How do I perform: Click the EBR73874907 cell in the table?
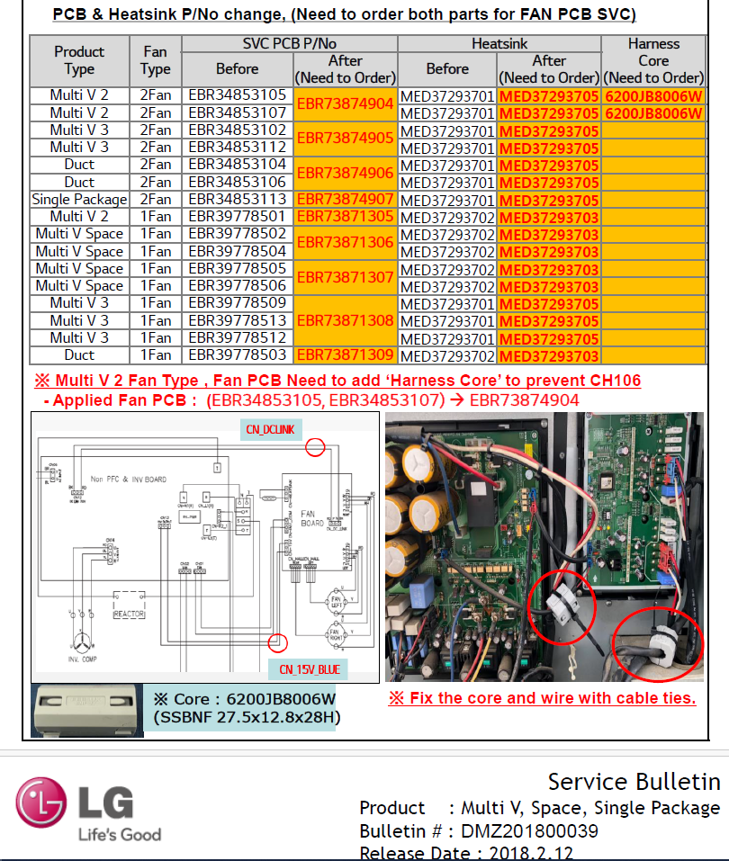coord(346,199)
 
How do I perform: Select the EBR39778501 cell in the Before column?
coord(237,216)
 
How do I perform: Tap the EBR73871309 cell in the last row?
coord(346,355)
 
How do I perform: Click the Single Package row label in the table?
coord(79,199)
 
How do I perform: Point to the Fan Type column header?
coord(155,60)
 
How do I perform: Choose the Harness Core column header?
coord(653,60)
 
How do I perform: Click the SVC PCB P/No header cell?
coord(289,44)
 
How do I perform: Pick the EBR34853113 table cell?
coord(237,199)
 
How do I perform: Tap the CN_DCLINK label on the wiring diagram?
coord(270,429)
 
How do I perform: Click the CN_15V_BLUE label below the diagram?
coord(307,669)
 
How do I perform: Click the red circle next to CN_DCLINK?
coord(315,445)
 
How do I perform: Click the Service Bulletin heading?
coord(634,781)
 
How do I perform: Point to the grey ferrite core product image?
coord(86,709)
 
